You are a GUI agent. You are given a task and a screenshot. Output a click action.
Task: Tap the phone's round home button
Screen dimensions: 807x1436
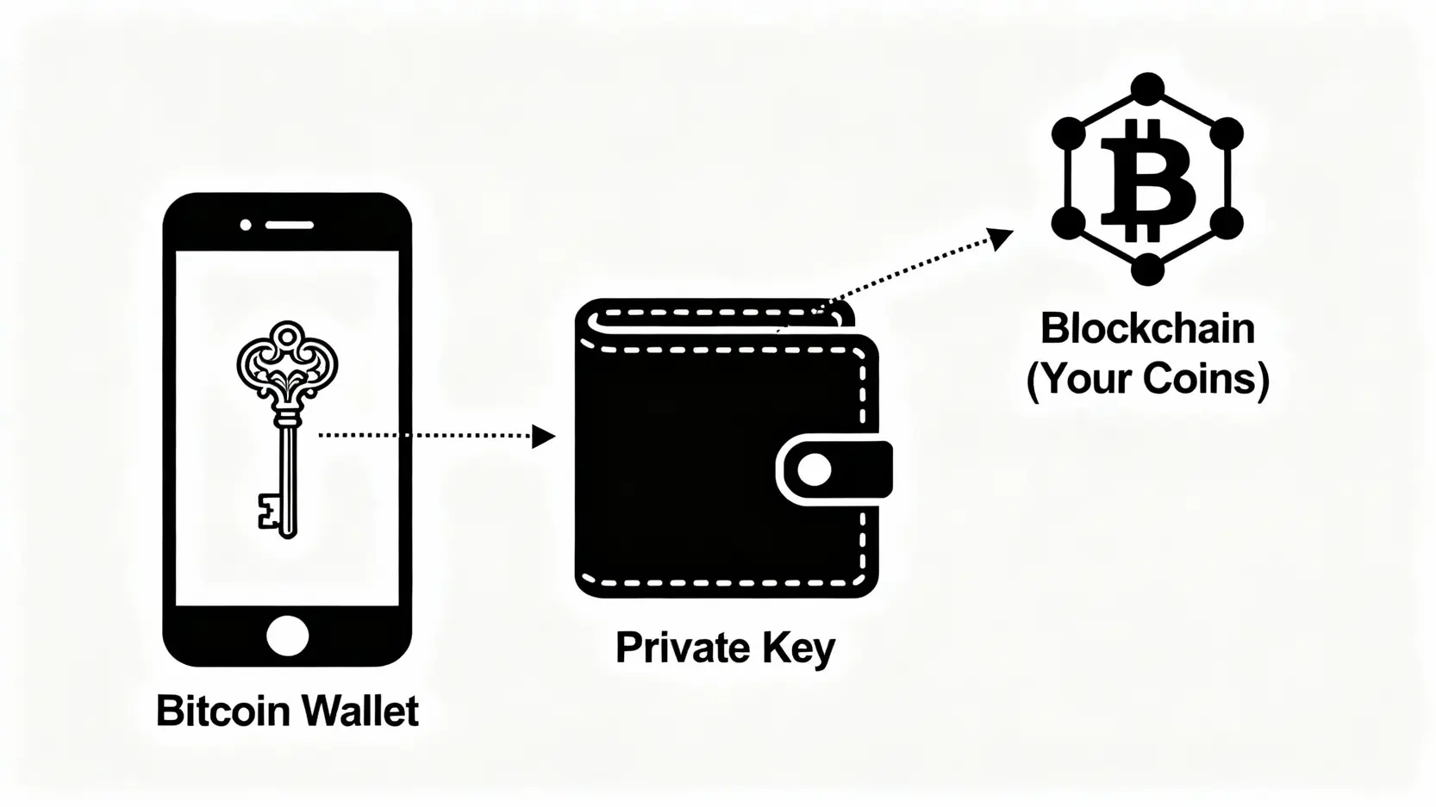coord(287,636)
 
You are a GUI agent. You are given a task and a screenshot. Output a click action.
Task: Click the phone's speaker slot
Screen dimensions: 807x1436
coord(290,225)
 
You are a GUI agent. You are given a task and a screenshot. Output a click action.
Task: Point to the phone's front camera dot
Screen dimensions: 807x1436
coord(246,225)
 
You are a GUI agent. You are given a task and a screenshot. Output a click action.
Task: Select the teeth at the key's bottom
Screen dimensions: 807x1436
coord(269,511)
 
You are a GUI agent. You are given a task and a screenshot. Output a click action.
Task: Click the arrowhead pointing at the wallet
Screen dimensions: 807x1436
coord(543,436)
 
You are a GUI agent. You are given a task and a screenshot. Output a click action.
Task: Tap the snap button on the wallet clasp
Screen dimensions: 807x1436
coord(815,469)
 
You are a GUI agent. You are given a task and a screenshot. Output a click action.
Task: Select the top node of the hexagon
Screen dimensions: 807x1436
coord(1147,88)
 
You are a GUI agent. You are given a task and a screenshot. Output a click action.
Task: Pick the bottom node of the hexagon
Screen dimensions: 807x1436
coord(1147,270)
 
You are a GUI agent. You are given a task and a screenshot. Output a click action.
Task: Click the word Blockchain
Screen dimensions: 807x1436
coord(1147,329)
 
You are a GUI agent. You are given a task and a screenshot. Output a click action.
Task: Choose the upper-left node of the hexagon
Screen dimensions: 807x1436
coord(1068,133)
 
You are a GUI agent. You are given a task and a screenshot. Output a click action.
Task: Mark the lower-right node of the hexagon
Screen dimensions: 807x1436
coord(1227,224)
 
